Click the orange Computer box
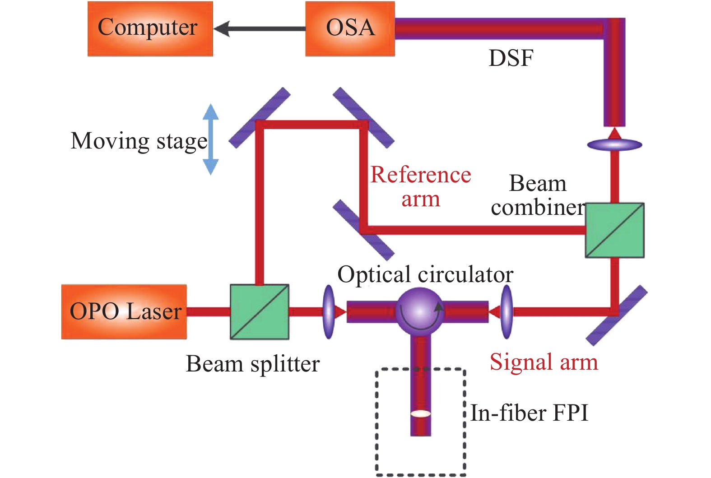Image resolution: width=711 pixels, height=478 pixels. [x=150, y=28]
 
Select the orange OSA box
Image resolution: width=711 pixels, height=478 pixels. [x=350, y=28]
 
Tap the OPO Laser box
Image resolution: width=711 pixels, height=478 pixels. [x=124, y=311]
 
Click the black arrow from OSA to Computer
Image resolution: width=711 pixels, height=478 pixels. [x=260, y=29]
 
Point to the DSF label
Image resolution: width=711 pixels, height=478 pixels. [x=511, y=58]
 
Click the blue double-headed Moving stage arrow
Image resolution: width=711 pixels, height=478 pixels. [x=210, y=139]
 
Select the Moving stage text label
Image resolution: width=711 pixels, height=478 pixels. [x=139, y=141]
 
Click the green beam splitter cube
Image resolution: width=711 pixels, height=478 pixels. [x=260, y=311]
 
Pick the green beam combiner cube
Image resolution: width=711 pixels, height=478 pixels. [x=614, y=230]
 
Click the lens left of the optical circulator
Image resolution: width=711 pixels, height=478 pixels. [x=329, y=311]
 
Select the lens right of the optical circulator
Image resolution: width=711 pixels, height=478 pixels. [x=507, y=311]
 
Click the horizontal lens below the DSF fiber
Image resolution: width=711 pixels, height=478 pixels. [x=614, y=145]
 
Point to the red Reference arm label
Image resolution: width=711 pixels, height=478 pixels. [x=420, y=186]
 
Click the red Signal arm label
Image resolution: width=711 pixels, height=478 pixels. [x=544, y=362]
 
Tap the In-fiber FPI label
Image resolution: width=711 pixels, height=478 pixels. [x=529, y=413]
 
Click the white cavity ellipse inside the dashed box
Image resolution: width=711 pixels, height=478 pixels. [x=420, y=413]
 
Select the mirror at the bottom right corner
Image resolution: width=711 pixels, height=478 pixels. [x=617, y=315]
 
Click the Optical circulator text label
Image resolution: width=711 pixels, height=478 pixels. [x=425, y=274]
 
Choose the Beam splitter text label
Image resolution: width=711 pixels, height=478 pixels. [x=252, y=364]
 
